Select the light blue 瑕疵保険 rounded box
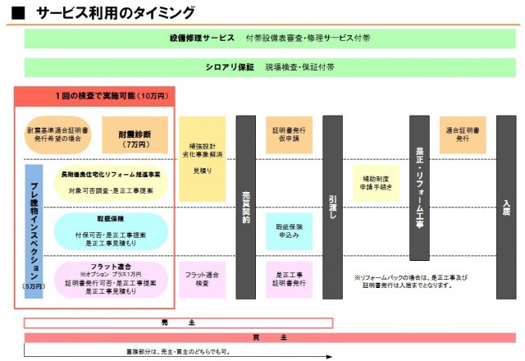pos(111,230)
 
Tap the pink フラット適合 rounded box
pos(111,279)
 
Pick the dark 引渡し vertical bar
pos(332,196)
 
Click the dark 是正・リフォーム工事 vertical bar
pos(419,196)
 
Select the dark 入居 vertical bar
pos(506,196)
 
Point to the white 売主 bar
pos(178,322)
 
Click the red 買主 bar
pos(270,337)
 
